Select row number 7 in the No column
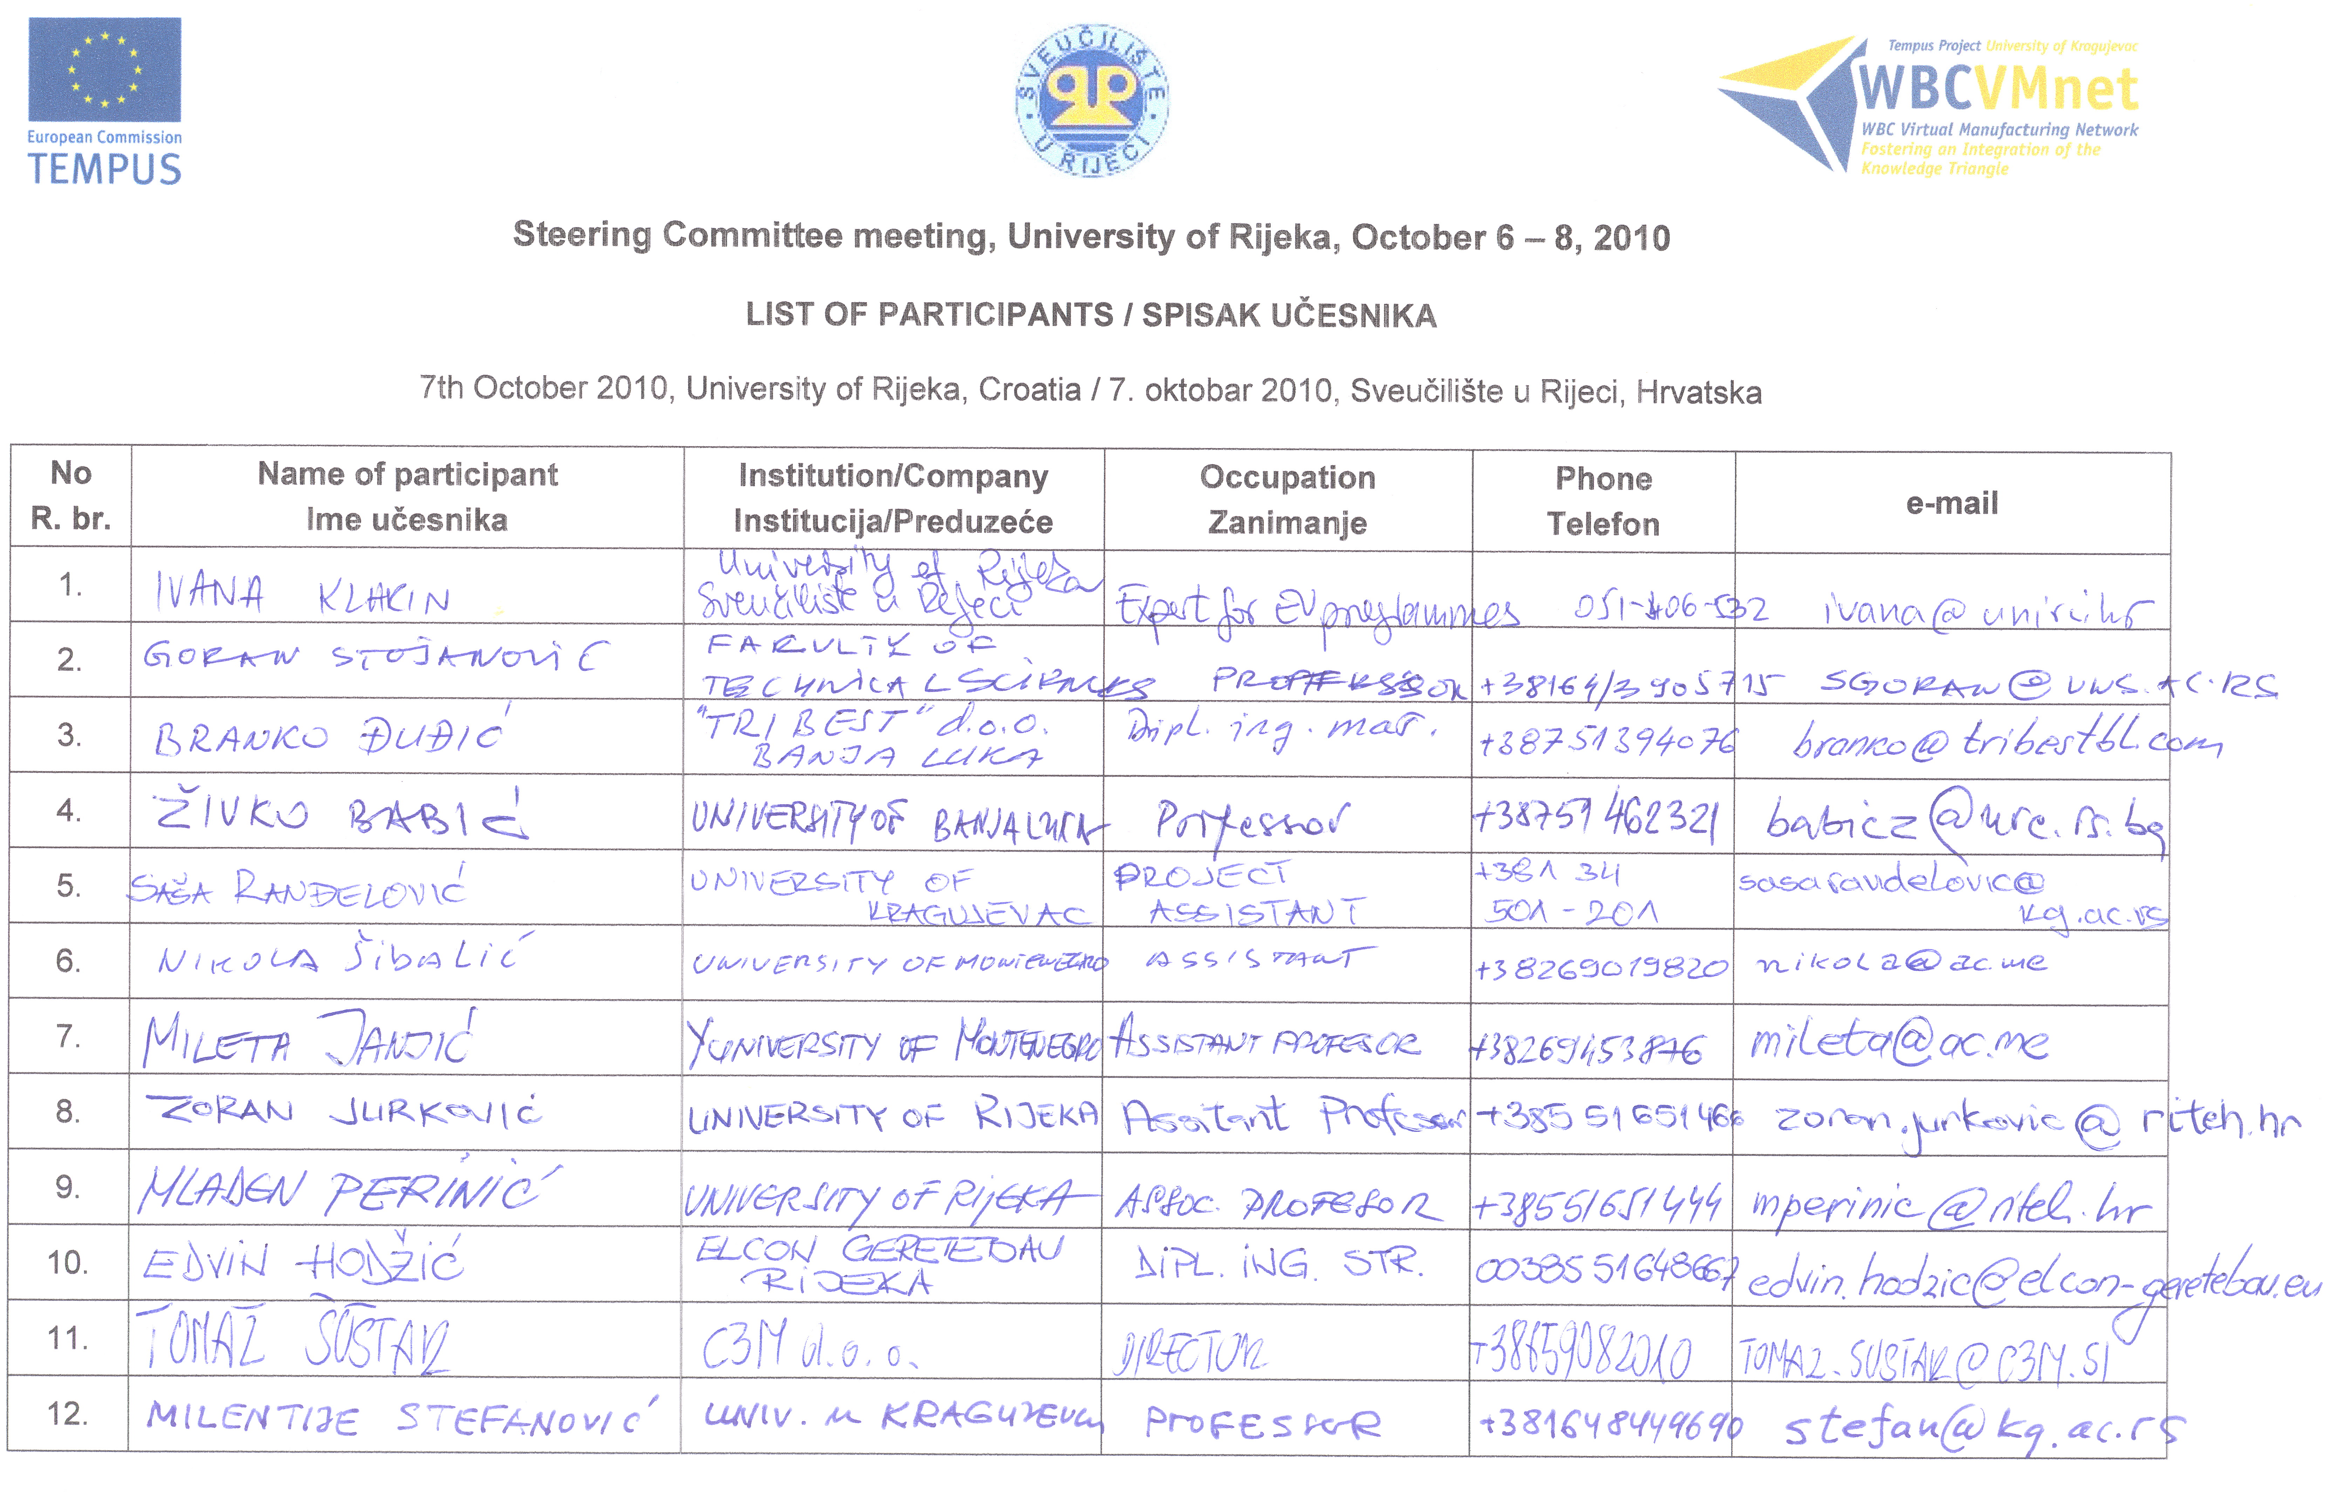click(68, 1036)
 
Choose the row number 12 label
click(68, 1413)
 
